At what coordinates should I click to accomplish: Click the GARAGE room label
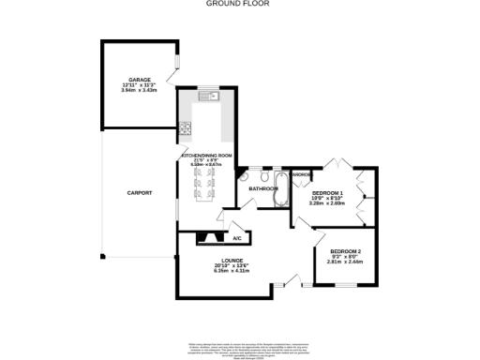[x=139, y=80]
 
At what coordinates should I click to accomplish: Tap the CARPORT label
[x=139, y=193]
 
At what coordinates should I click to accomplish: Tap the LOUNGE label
[x=232, y=260]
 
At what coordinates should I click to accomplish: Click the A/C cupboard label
[x=237, y=238]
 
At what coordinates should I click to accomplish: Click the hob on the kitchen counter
[x=186, y=128]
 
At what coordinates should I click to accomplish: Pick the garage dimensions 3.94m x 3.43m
[x=139, y=91]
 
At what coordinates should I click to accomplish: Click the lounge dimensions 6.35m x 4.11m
[x=232, y=271]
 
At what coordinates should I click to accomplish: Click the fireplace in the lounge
[x=210, y=239]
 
